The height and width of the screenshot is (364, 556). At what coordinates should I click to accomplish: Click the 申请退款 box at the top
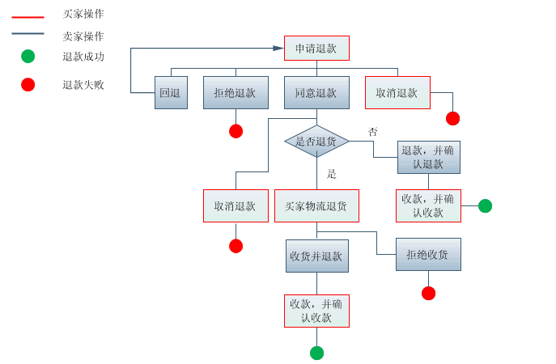pyautogui.click(x=316, y=49)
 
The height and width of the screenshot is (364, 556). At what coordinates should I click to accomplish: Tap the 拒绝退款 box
pyautogui.click(x=236, y=93)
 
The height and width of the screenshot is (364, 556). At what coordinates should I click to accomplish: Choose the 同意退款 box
pyautogui.click(x=316, y=93)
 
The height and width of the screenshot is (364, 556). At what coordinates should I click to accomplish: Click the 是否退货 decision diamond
pyautogui.click(x=316, y=142)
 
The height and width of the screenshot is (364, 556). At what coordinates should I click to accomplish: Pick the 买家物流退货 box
pyautogui.click(x=316, y=206)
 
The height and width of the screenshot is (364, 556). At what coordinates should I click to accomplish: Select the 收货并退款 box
pyautogui.click(x=316, y=256)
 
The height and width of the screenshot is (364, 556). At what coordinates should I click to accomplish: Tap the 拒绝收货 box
pyautogui.click(x=428, y=255)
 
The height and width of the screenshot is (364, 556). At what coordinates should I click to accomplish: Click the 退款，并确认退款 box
pyautogui.click(x=428, y=157)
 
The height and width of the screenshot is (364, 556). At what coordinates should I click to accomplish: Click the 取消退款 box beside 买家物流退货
pyautogui.click(x=236, y=206)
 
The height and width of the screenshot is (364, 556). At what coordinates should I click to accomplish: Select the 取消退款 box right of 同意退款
pyautogui.click(x=397, y=93)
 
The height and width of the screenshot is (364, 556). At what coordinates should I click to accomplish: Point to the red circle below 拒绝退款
pyautogui.click(x=236, y=131)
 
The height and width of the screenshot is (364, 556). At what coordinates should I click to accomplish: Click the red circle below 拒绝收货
pyautogui.click(x=428, y=293)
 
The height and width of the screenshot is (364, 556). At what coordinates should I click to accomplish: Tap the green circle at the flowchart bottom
pyautogui.click(x=316, y=353)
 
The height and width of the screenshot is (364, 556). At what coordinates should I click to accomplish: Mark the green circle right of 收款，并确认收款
pyautogui.click(x=485, y=205)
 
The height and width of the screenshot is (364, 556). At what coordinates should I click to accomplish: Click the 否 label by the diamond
pyautogui.click(x=372, y=132)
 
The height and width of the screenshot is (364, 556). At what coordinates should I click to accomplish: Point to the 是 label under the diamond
pyautogui.click(x=331, y=174)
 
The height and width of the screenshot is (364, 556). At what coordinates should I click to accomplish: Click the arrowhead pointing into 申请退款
pyautogui.click(x=278, y=49)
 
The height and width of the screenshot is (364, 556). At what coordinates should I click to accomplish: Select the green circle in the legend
pyautogui.click(x=28, y=57)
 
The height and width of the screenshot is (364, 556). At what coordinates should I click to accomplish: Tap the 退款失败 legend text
pyautogui.click(x=83, y=85)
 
